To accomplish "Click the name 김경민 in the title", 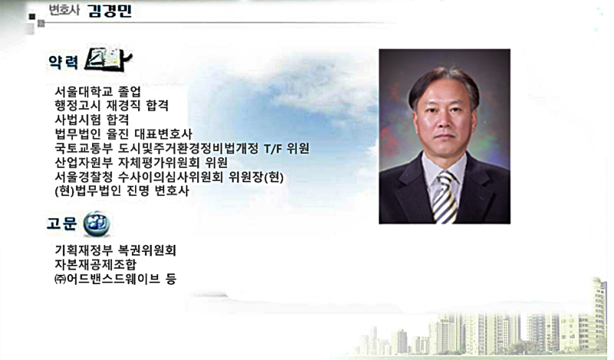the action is (x=110, y=11).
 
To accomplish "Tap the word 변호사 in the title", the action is (x=64, y=10).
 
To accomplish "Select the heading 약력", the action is (x=63, y=62).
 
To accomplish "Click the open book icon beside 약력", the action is (x=108, y=60).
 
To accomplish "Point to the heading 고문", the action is (x=61, y=223).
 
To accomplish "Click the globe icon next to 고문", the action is (x=97, y=224).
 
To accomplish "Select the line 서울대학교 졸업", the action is (x=97, y=91).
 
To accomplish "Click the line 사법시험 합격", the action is (x=91, y=120).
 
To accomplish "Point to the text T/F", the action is (x=272, y=148).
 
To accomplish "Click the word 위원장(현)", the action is (x=256, y=177).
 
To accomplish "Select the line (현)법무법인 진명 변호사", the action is (x=122, y=191).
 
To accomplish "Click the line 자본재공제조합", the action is (x=95, y=264).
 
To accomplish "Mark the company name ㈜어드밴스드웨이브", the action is (x=107, y=279).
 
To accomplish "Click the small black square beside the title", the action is (x=32, y=16).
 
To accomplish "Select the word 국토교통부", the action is (x=84, y=148).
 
